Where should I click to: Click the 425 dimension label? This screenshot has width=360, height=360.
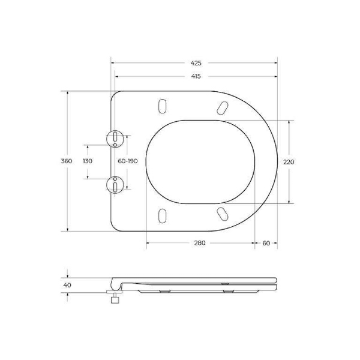(196, 62)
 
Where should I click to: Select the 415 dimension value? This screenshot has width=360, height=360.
(196, 76)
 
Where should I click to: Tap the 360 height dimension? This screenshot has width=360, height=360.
(67, 161)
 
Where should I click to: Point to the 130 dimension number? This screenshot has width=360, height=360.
(88, 161)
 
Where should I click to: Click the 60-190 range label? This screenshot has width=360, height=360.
(128, 161)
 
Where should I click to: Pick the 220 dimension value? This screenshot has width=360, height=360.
(290, 161)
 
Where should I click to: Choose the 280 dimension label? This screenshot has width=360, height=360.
(200, 242)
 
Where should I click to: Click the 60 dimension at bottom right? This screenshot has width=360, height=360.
(266, 242)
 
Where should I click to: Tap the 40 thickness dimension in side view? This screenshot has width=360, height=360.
(67, 285)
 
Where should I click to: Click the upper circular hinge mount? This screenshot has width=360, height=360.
(114, 139)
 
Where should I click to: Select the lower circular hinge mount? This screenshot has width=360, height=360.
(114, 184)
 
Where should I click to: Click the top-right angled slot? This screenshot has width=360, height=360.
(221, 107)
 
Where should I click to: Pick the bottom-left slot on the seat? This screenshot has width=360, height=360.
(162, 215)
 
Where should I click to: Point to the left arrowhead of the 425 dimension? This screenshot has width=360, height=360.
(113, 62)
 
